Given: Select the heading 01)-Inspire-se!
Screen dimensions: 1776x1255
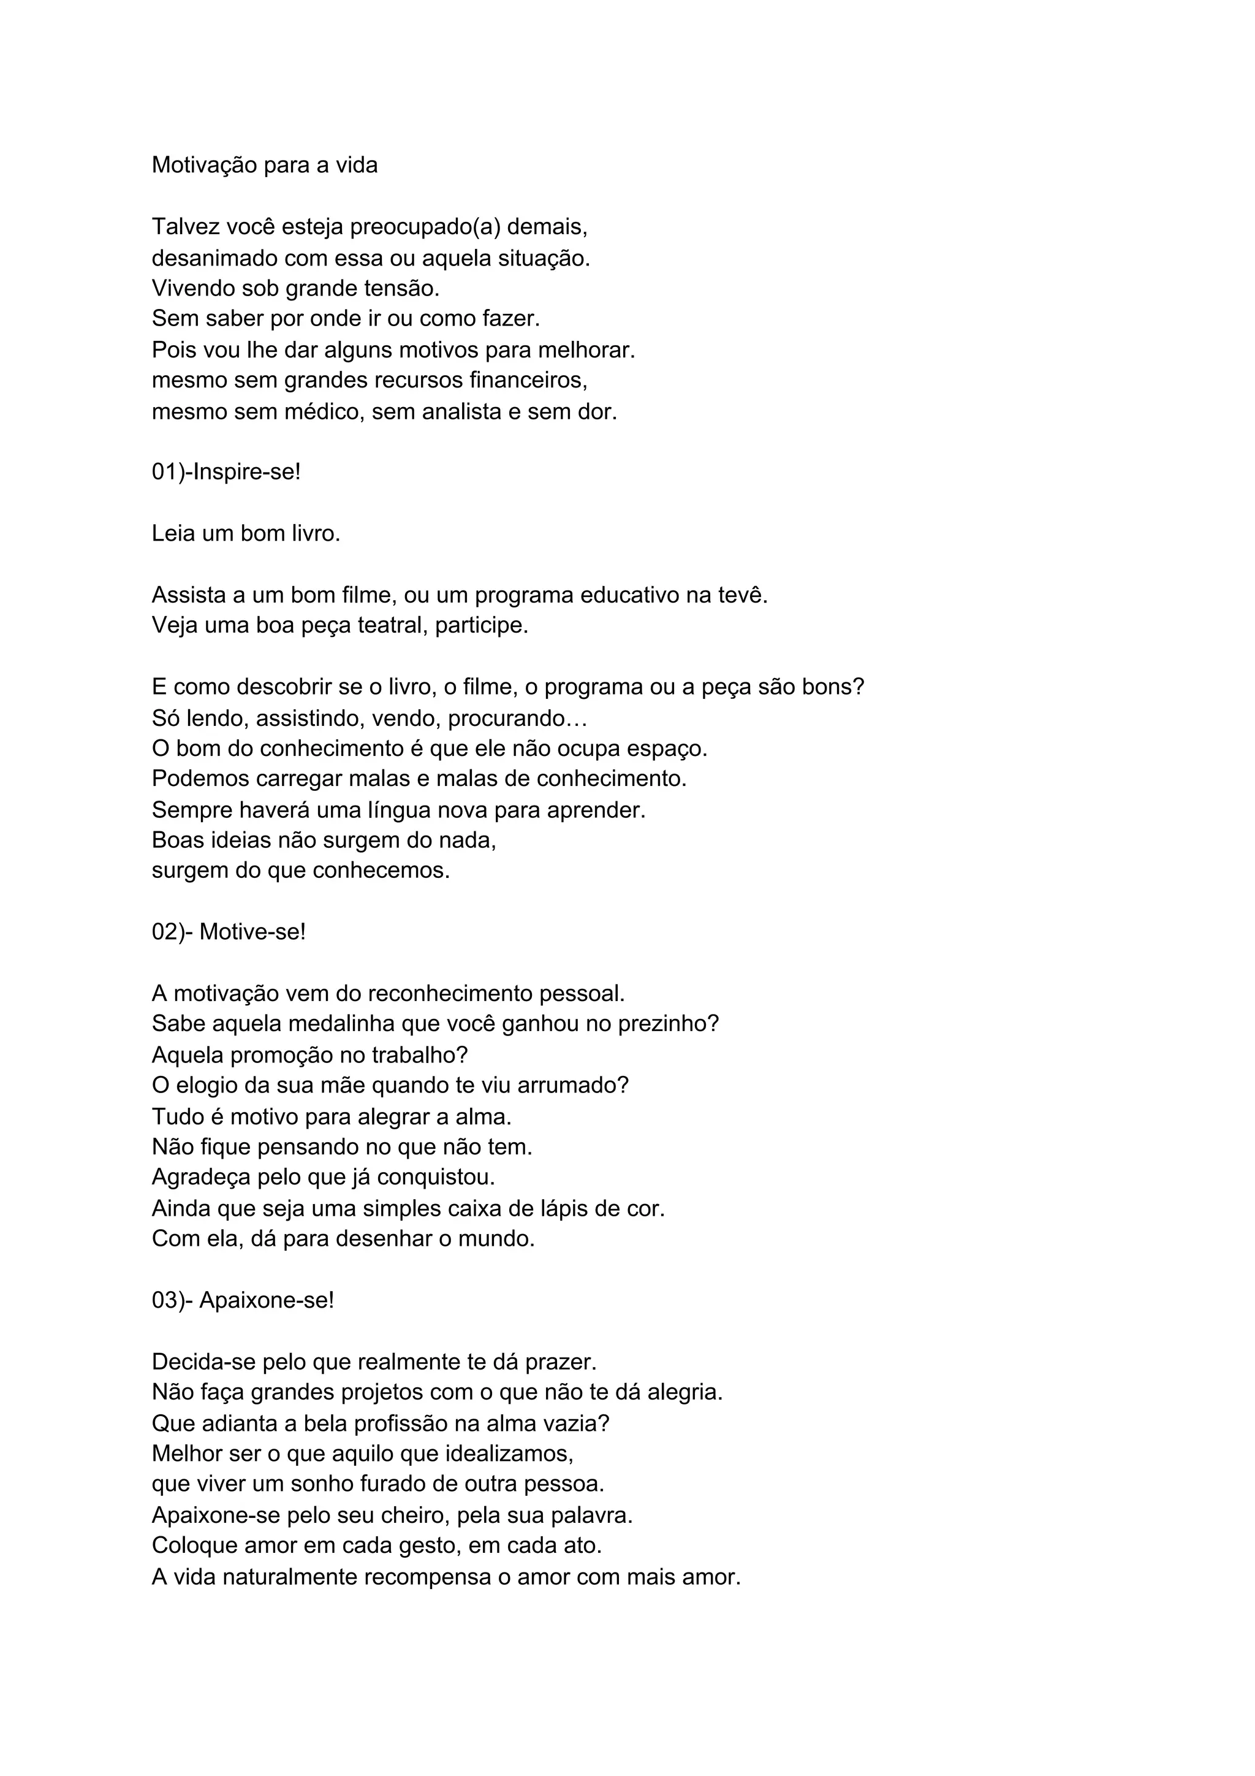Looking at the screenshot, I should (226, 472).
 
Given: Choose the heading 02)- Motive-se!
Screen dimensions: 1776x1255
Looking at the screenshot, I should (229, 932).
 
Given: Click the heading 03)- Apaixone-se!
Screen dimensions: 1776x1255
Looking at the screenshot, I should (243, 1300).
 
